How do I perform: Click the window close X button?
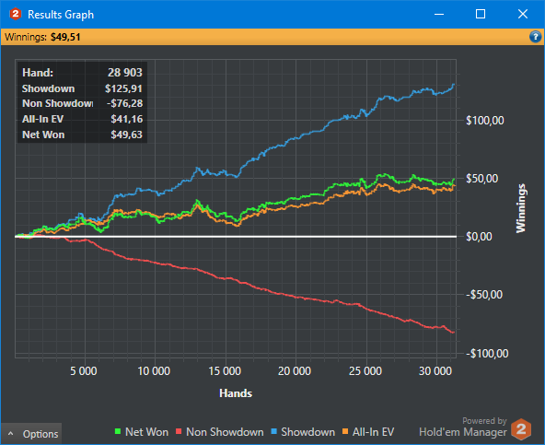click(522, 14)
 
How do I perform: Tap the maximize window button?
click(481, 14)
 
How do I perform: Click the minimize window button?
click(439, 14)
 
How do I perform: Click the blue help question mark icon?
click(535, 37)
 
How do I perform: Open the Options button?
click(31, 434)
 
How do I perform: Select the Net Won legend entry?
click(142, 432)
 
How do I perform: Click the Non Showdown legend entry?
click(220, 432)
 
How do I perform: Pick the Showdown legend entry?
click(303, 432)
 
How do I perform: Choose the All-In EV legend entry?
click(368, 432)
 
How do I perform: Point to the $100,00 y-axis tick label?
click(485, 121)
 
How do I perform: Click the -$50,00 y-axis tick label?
click(484, 295)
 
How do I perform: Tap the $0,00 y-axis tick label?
click(479, 237)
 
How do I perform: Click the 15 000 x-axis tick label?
click(225, 371)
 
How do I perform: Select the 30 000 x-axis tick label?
click(435, 371)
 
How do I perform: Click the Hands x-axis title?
click(236, 393)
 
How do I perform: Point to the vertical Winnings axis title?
click(521, 208)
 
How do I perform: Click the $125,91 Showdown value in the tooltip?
click(123, 88)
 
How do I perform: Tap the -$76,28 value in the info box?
click(125, 103)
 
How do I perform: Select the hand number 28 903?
click(125, 73)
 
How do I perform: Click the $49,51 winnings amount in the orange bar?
click(65, 37)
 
